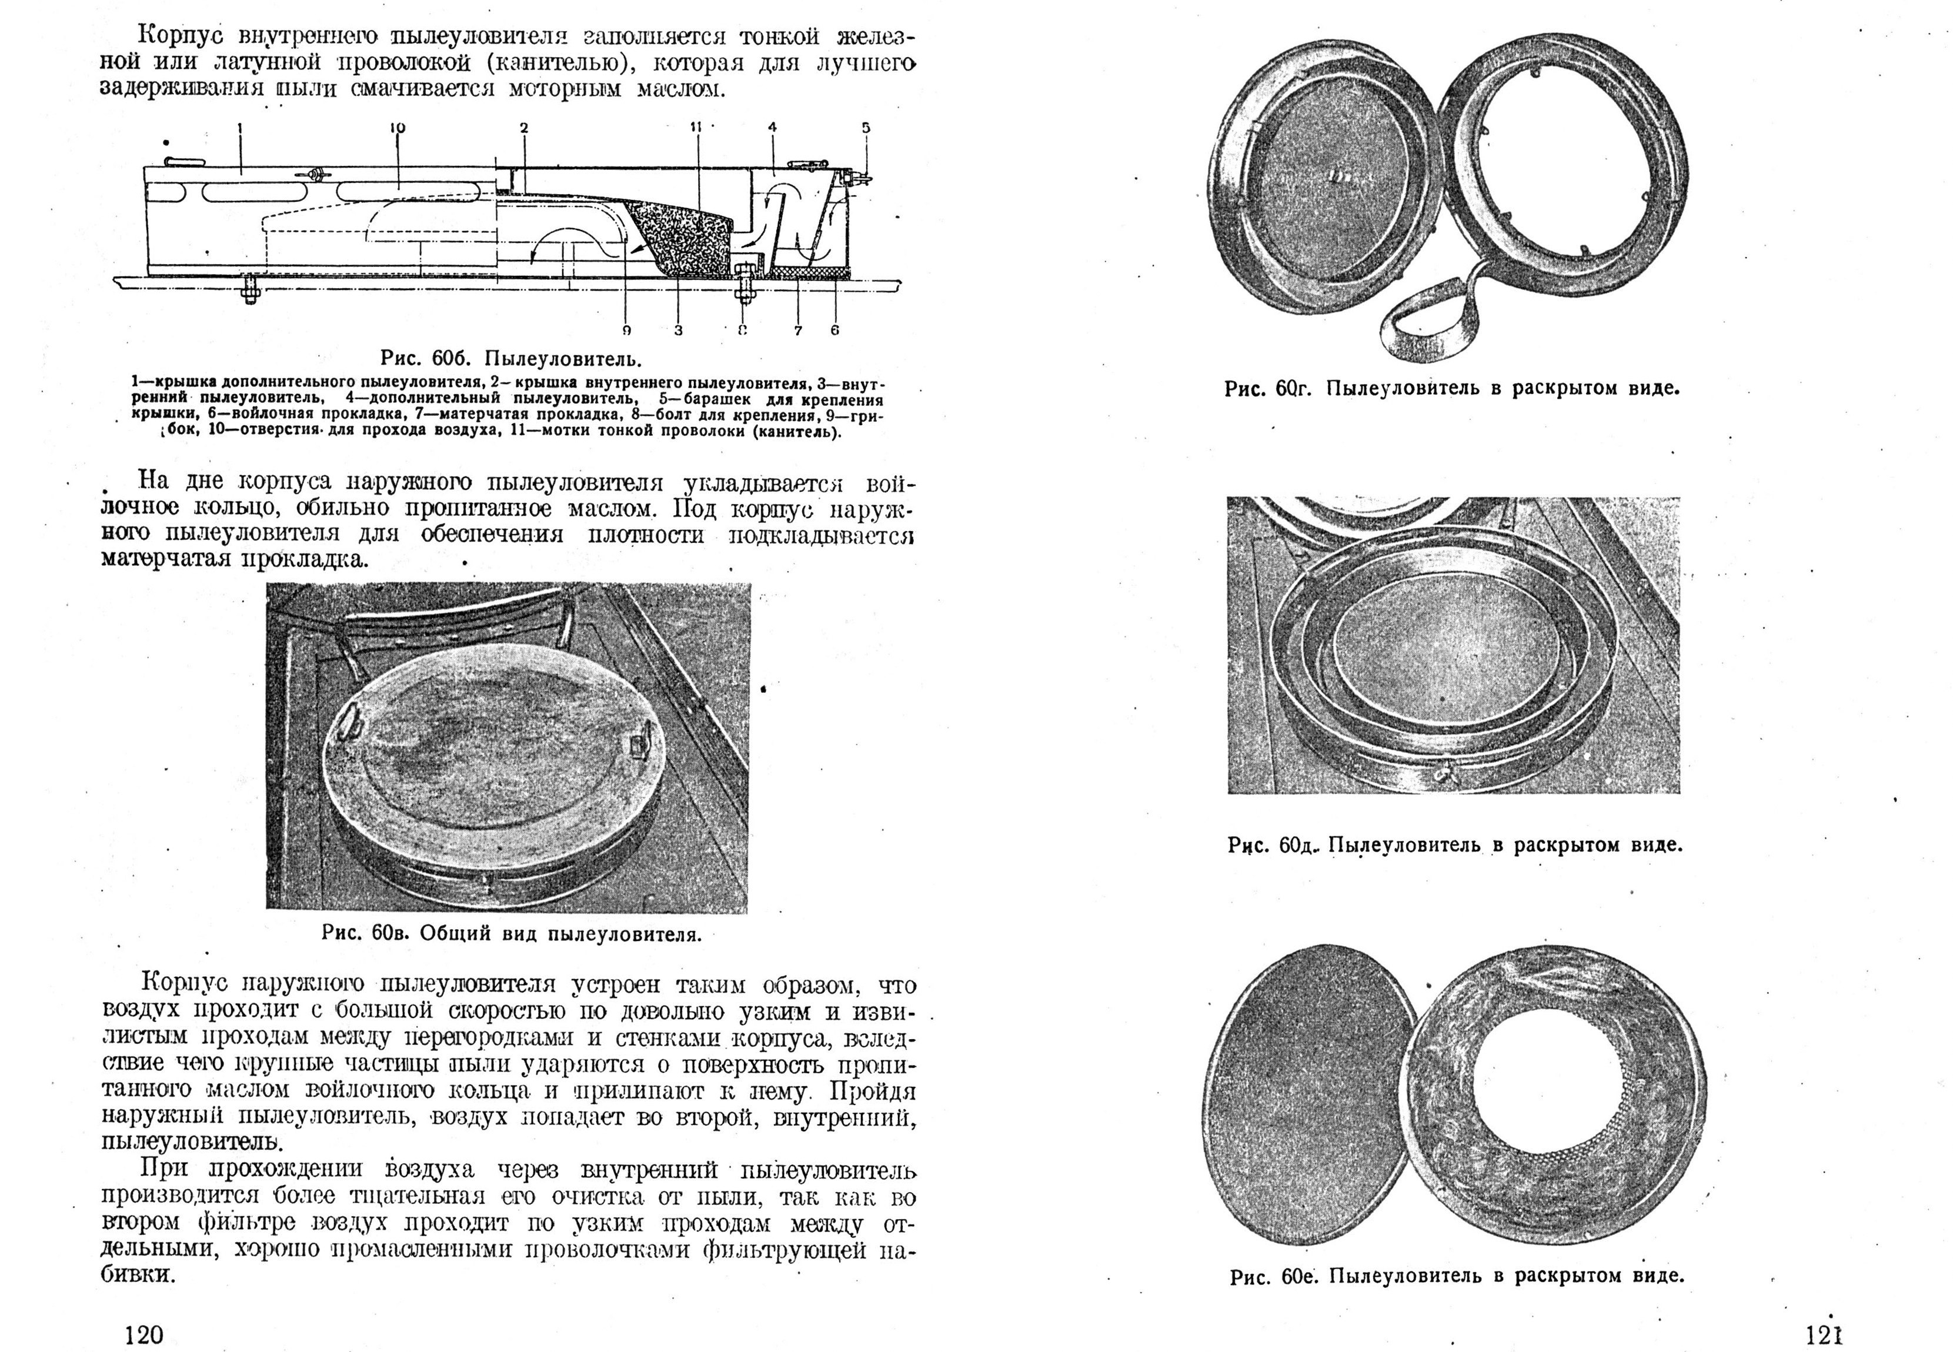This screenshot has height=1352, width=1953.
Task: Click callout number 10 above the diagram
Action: (x=397, y=128)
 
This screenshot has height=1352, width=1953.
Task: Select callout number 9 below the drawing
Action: (x=627, y=331)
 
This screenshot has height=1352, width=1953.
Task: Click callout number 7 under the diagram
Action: (x=798, y=331)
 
